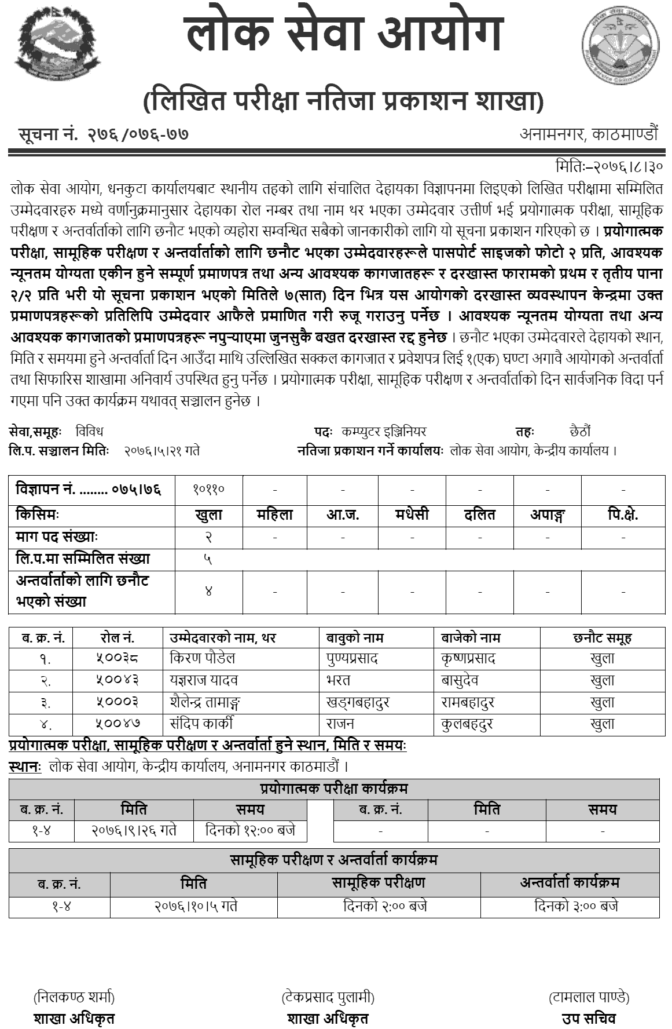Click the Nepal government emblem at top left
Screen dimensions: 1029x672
pos(57,48)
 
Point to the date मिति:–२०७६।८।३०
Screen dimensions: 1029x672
pos(608,166)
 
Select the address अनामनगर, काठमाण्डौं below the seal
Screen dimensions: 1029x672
pos(589,134)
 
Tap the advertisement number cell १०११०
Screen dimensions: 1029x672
pos(208,490)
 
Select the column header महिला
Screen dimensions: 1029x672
pos(274,514)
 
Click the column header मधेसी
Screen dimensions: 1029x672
pos(412,514)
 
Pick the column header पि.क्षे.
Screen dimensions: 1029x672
pos(623,514)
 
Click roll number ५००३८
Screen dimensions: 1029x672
pos(117,659)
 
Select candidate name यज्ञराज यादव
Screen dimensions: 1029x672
pos(204,680)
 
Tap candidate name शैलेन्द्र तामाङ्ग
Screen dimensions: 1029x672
pos(205,702)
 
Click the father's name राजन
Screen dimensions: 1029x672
pos(340,724)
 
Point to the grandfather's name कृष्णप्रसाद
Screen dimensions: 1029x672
pos(468,659)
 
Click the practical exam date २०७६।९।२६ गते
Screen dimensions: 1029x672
pos(134,831)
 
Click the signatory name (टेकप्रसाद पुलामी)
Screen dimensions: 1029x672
pos(328,997)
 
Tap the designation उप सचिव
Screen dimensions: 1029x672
pos(589,1018)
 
